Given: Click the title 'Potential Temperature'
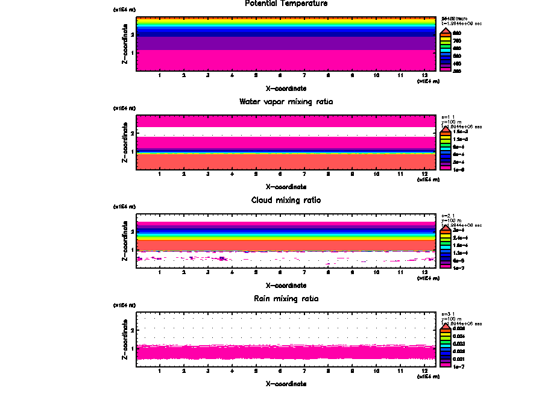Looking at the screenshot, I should click(x=286, y=4).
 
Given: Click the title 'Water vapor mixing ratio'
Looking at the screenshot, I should click(x=286, y=102).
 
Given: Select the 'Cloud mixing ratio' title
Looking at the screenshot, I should click(x=286, y=200).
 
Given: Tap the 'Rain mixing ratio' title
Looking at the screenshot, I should click(x=286, y=299).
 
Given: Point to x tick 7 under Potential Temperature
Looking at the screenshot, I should click(x=304, y=75).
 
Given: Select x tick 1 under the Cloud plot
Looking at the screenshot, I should click(x=160, y=272).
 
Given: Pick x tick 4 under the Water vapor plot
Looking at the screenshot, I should click(x=232, y=174).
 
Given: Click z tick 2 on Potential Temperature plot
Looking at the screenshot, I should click(x=132, y=34).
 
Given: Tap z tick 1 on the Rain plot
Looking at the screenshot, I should click(x=132, y=348).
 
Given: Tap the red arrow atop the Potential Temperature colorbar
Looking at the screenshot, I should click(x=446, y=31).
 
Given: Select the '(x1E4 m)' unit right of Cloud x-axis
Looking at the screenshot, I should click(x=428, y=278).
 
